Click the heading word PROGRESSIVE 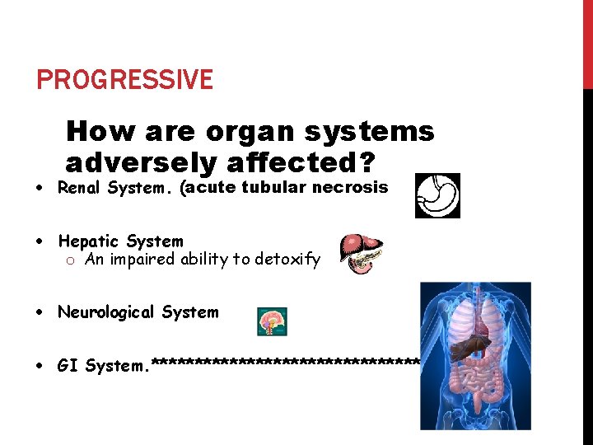[x=124, y=80]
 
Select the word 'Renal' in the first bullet [x=80, y=187]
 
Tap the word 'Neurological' [x=105, y=312]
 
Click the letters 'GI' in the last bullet [x=68, y=365]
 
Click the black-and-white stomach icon [x=437, y=195]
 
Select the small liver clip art [x=362, y=253]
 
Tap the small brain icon [x=272, y=321]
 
